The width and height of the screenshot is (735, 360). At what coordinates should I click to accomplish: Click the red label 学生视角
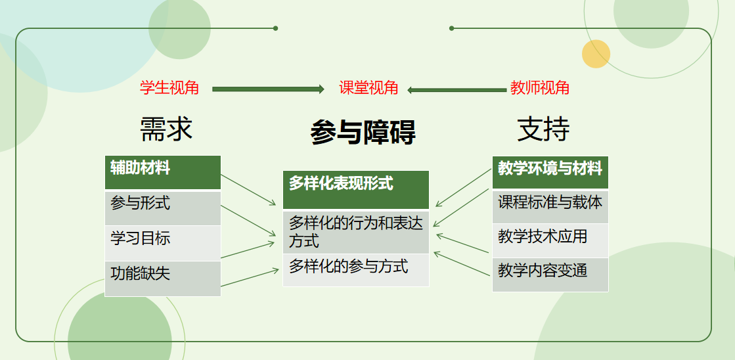coord(169,87)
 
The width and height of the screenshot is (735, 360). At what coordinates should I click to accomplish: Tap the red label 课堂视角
coord(368,87)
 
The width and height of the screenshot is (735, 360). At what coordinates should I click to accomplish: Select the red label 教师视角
coord(539,87)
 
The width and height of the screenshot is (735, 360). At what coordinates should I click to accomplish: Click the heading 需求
coord(166,129)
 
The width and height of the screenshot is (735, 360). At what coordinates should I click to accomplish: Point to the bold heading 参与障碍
coord(363,132)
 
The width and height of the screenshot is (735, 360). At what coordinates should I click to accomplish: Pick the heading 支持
coord(543,129)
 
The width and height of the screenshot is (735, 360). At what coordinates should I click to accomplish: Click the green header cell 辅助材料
coord(163,173)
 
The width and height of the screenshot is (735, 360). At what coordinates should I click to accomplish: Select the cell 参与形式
coord(163,208)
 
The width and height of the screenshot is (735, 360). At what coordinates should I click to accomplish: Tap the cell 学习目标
coord(163,243)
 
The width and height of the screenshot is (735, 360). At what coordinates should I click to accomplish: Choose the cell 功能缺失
coord(163,279)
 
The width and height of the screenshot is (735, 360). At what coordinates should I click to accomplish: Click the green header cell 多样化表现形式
coord(356,190)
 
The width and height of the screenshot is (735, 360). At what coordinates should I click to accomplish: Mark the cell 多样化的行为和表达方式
coord(356,233)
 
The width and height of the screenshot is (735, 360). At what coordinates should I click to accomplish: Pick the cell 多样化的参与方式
coord(356,270)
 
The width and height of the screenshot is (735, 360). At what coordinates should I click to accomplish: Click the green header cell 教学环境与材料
coord(550,173)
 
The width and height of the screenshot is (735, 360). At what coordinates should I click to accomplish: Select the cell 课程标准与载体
coord(550,207)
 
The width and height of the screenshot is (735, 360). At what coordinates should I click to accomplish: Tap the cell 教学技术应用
coord(550,240)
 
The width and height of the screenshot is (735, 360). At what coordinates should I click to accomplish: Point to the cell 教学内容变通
coord(550,275)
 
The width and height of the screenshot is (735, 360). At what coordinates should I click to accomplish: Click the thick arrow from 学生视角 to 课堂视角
coord(268,89)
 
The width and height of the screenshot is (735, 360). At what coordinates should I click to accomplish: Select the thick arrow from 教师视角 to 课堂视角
coord(457,90)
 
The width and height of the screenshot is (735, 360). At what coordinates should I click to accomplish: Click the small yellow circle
coord(596,54)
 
